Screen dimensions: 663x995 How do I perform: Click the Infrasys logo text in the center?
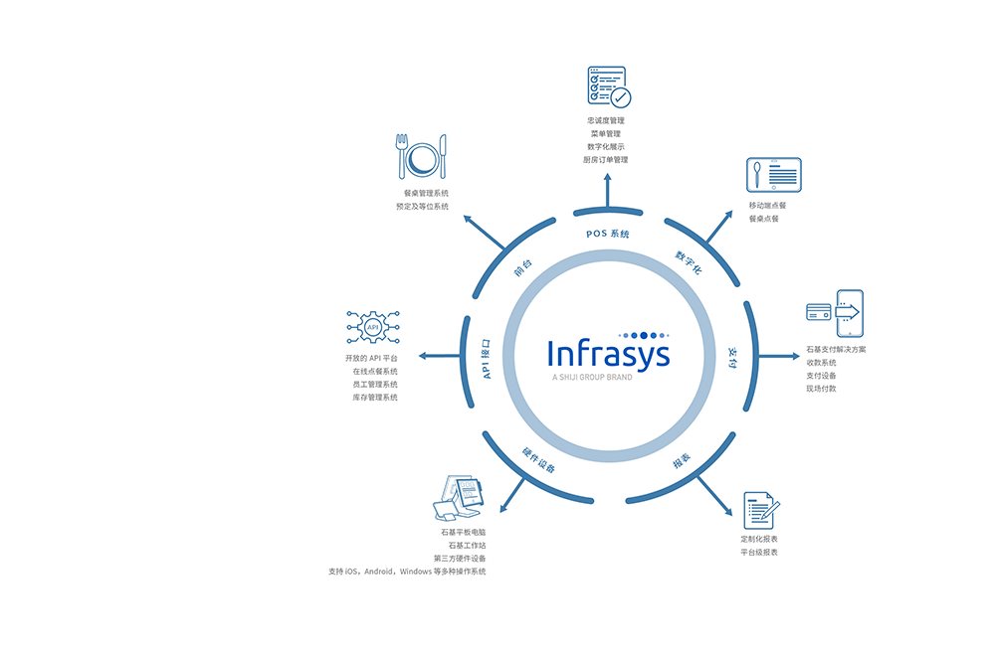pyautogui.click(x=608, y=355)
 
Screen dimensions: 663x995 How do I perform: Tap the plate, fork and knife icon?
pyautogui.click(x=422, y=157)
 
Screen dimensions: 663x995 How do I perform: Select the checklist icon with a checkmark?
pyautogui.click(x=608, y=87)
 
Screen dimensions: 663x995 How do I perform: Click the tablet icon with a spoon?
pyautogui.click(x=773, y=175)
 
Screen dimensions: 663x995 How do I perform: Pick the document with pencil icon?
pyautogui.click(x=761, y=510)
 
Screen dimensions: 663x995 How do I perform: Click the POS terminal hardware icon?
pyautogui.click(x=459, y=498)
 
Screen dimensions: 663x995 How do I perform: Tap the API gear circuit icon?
pyautogui.click(x=373, y=326)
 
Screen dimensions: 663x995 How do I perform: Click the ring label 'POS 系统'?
pyautogui.click(x=608, y=234)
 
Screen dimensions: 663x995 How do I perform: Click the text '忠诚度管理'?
pyautogui.click(x=606, y=120)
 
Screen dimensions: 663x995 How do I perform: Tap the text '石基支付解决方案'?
pyautogui.click(x=836, y=350)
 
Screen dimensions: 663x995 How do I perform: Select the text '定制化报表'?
pyautogui.click(x=759, y=539)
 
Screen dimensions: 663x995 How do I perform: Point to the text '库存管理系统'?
pyautogui.click(x=375, y=398)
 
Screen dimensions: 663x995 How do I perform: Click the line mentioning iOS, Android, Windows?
pyautogui.click(x=407, y=572)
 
